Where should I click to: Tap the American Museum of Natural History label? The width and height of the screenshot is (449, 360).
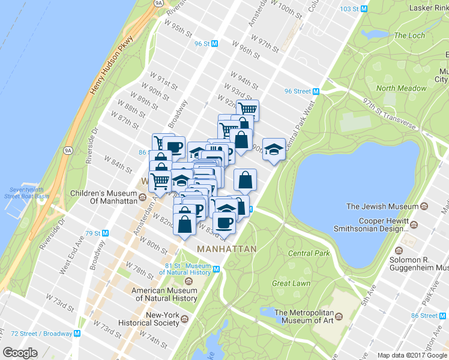164,294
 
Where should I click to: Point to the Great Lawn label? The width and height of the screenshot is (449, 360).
290,283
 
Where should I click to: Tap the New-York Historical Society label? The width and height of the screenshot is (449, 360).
163,319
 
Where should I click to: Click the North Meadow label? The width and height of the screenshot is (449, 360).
401,88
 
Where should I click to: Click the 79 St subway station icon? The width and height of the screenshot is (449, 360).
106,233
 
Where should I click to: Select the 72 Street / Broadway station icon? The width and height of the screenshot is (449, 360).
76,333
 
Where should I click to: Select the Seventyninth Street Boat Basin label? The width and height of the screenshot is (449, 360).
25,192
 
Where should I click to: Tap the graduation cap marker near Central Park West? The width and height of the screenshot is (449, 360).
274,149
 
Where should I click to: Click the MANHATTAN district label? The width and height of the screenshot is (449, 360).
226,248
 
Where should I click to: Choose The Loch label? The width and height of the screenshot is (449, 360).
409,35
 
